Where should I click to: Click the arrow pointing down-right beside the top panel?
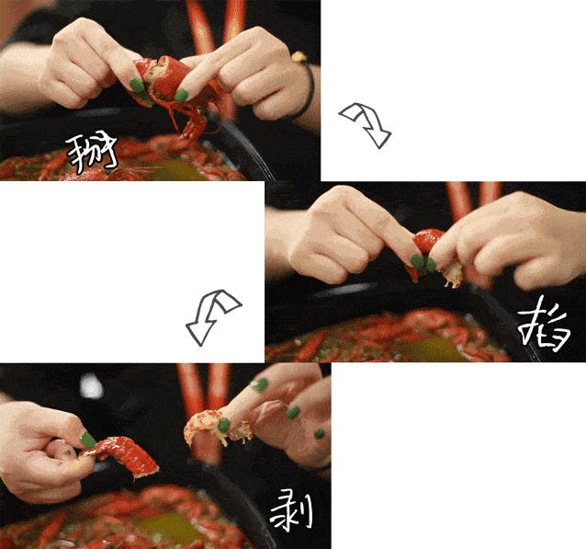point(366,124)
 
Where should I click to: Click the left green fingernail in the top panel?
point(138,86)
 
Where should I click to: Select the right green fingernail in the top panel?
point(182,95)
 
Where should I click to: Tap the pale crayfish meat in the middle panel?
point(450,274)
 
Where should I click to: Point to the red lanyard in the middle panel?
point(459,202)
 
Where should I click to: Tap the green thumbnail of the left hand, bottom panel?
point(88,440)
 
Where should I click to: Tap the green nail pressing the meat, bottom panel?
point(223,426)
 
